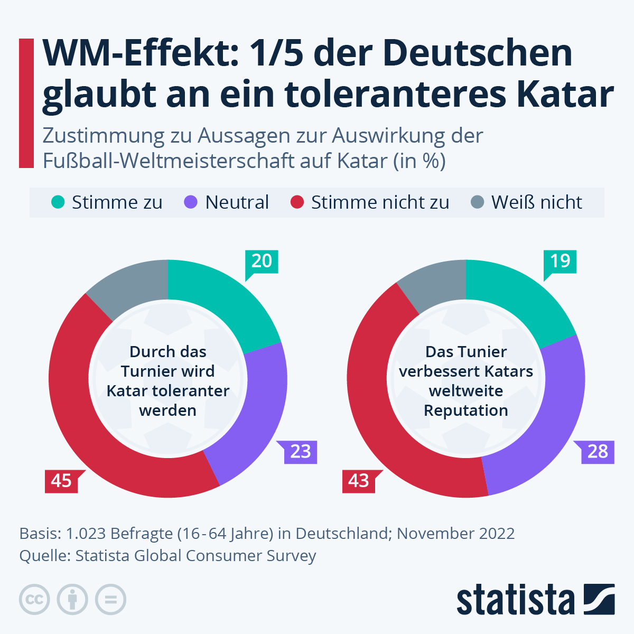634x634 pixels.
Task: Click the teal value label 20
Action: [262, 261]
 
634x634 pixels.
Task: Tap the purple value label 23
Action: [301, 452]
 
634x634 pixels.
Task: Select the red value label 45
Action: [61, 481]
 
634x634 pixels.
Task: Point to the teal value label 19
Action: [560, 261]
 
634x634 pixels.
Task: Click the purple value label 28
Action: [598, 452]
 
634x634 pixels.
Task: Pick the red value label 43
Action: [359, 481]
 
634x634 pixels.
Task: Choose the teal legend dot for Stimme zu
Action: [58, 202]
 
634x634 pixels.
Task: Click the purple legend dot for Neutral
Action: [191, 202]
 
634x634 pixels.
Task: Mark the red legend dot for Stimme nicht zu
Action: [297, 202]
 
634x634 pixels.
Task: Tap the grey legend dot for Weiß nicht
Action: [477, 202]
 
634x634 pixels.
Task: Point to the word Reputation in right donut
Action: [466, 411]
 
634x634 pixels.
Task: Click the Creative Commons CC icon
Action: [34, 600]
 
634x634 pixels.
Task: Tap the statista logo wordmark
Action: [515, 600]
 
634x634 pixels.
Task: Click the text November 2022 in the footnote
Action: [455, 534]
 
